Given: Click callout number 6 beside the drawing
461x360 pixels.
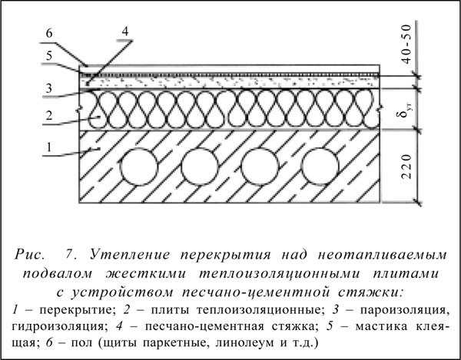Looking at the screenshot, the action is coord(49,33).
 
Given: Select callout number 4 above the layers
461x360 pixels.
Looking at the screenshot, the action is coord(125,31).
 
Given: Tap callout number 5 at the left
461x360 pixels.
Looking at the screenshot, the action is coord(49,55).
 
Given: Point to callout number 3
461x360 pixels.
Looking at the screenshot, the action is coord(49,88).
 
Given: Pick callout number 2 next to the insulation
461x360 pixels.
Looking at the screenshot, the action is coord(49,115).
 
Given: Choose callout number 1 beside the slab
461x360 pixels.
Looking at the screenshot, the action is coord(49,147).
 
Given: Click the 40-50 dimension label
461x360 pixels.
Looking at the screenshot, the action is coord(407,45).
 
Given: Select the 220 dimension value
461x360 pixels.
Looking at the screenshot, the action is coord(407,167).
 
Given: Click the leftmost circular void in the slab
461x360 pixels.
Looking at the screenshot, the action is coord(139,167).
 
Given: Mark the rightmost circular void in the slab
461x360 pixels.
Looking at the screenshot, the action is coord(320,167).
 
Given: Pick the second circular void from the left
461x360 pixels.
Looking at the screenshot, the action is coord(200,167).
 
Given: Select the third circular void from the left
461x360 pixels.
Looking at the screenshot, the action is coord(260,167).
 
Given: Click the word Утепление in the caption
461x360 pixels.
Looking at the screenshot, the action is coord(130,255).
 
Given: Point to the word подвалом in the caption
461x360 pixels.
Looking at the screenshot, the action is coord(58,274).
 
